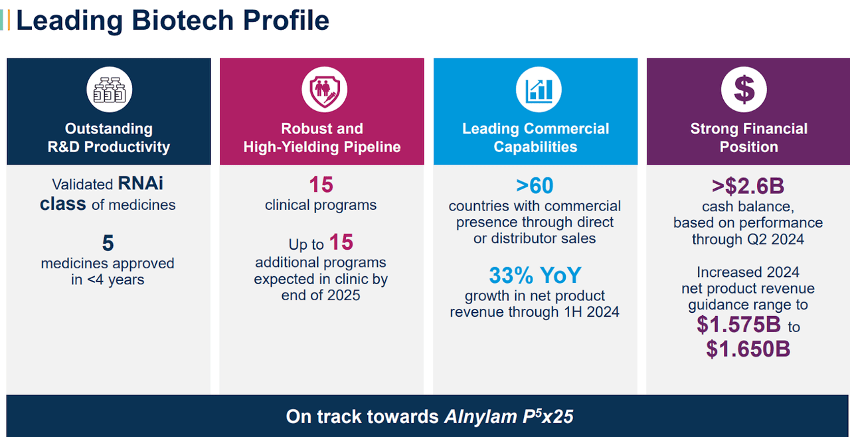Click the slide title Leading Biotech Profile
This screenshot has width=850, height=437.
click(172, 20)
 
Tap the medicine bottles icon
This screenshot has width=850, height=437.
click(109, 90)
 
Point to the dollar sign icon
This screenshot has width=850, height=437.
click(744, 90)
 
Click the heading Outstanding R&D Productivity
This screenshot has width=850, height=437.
click(109, 137)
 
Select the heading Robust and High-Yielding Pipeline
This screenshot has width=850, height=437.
click(322, 137)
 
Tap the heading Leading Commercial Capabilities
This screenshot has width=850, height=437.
click(535, 137)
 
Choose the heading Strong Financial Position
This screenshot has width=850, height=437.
click(748, 137)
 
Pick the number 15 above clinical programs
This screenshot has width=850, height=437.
click(321, 185)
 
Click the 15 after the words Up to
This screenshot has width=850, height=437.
click(341, 242)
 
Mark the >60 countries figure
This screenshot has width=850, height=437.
click(534, 185)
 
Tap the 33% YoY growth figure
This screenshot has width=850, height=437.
click(535, 275)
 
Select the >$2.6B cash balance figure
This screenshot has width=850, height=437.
click(748, 185)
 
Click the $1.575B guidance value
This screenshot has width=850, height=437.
click(740, 324)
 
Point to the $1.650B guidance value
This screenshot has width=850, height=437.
click(748, 349)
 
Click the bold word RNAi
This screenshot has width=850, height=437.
click(140, 184)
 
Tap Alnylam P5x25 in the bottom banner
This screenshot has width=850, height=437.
click(509, 416)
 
